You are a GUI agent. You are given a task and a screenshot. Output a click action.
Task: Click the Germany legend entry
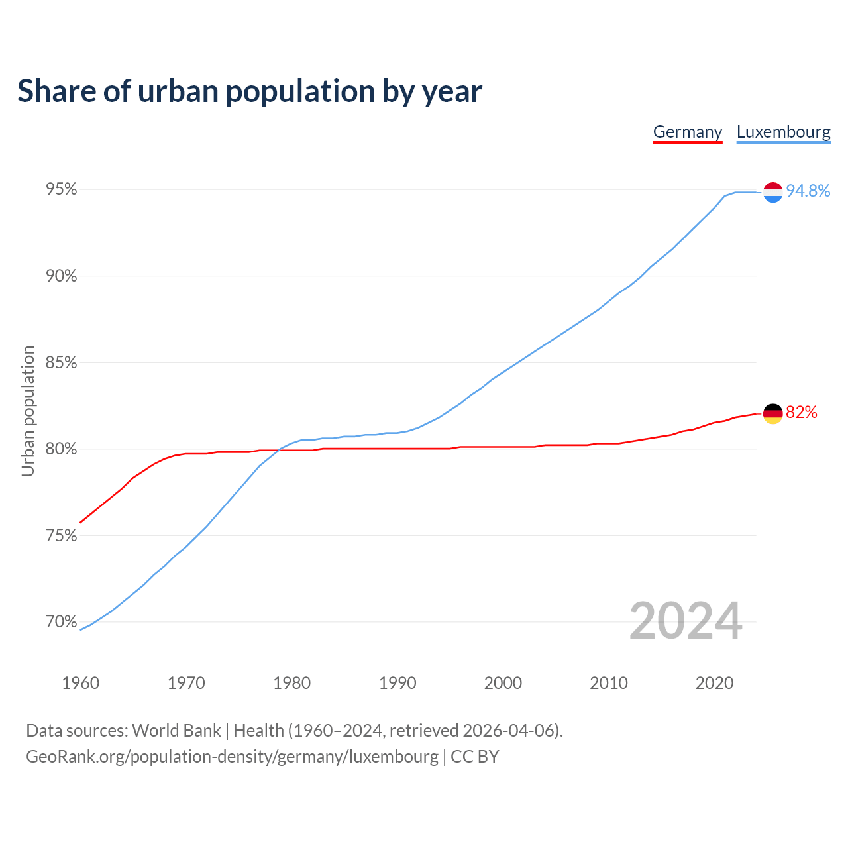pos(687,132)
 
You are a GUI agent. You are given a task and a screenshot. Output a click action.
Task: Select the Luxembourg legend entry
pos(783,132)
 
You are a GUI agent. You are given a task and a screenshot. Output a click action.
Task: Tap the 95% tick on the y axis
pos(62,189)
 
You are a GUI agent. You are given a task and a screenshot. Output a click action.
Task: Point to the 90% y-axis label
pos(62,276)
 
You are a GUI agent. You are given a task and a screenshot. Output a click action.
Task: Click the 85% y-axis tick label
pos(62,363)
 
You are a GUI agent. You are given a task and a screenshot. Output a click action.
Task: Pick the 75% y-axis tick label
pos(62,535)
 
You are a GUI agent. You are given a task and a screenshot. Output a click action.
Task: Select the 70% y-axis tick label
pos(62,622)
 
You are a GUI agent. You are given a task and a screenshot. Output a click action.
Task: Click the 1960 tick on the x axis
pos(80,683)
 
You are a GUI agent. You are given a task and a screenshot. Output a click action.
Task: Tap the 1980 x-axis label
pos(291,683)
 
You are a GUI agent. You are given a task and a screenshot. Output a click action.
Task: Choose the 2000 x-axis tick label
pos(503,683)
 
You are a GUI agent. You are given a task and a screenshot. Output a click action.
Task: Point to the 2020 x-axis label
pos(714,683)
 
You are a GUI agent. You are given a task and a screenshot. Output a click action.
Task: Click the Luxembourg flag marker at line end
pos(772,192)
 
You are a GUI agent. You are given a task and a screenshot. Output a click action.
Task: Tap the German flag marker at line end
pos(772,413)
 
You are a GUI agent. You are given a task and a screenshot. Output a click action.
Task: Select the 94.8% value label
pos(808,191)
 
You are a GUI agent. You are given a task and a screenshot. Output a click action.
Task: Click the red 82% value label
pos(801,413)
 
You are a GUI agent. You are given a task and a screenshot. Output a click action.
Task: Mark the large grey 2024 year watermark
pos(686,621)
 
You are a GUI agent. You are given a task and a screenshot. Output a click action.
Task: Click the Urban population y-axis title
pos(28,411)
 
